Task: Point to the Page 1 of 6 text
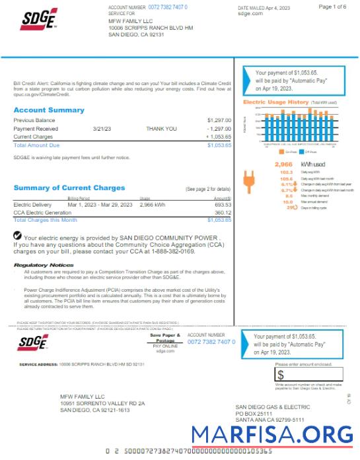pos(332,7)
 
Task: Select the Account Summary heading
pos(49,110)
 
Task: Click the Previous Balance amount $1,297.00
pos(219,120)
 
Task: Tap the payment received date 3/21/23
pos(102,129)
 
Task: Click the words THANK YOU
pos(161,129)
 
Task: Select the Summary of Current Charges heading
pos(69,188)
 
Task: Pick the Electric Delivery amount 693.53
pos(223,205)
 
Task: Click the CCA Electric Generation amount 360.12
pos(223,213)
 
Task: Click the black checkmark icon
pos(18,236)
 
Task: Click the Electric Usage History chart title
pos(275,102)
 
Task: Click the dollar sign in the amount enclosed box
pos(281,374)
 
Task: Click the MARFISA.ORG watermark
pos(272,434)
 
